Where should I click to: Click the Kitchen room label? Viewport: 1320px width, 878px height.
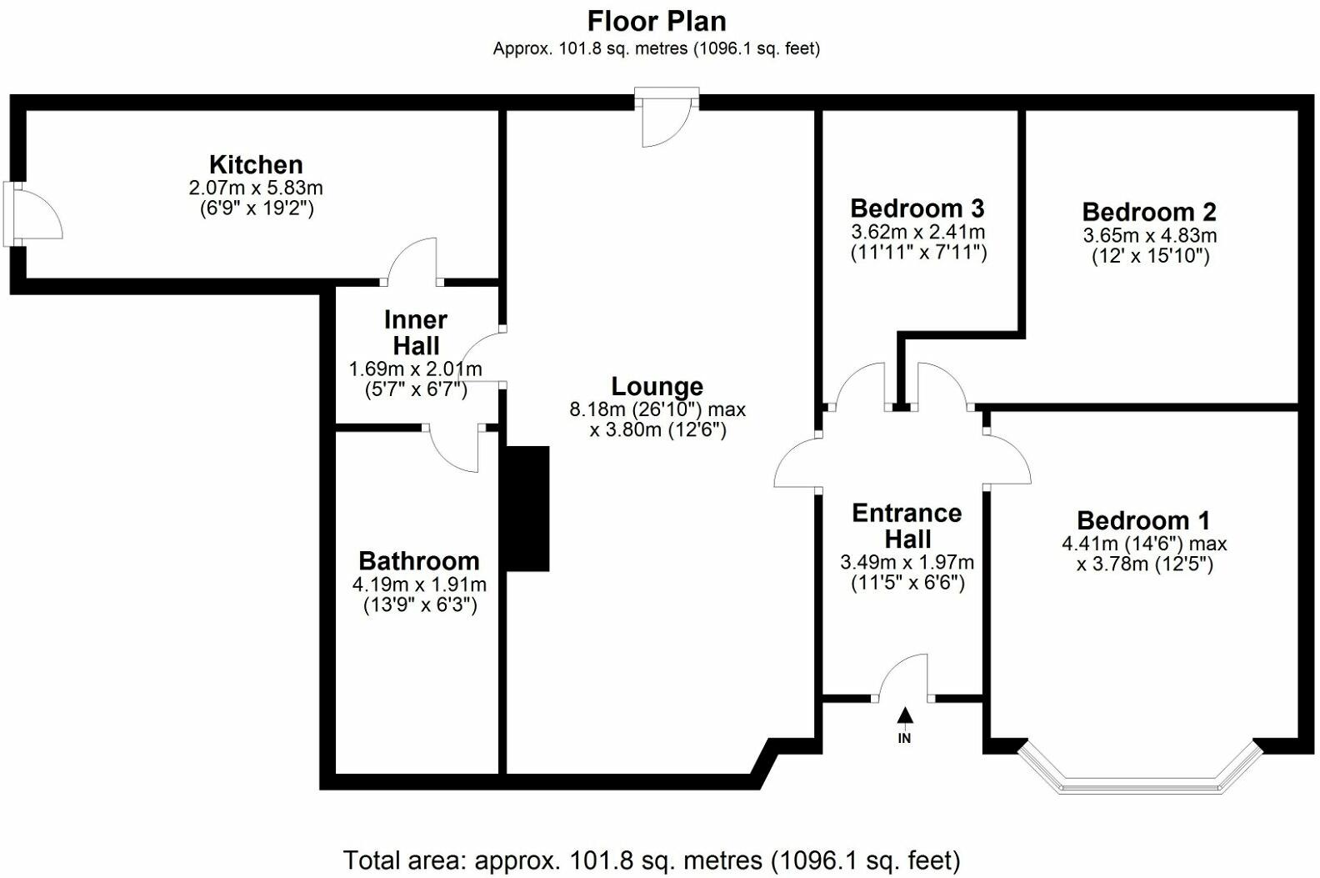pos(256,164)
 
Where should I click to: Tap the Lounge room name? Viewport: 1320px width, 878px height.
pos(657,386)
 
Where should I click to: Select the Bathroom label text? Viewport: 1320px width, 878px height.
pos(418,560)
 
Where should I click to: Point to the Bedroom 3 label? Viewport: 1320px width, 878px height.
pos(917,208)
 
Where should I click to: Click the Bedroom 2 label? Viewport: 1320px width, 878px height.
pos(1149,212)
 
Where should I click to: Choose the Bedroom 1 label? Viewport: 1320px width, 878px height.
pos(1142,520)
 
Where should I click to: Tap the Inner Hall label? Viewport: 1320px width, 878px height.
pos(415,332)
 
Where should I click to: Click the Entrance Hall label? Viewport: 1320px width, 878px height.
pos(907,525)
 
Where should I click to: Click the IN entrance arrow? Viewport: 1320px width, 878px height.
pos(905,717)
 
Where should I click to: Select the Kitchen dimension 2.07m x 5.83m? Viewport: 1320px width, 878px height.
pos(256,188)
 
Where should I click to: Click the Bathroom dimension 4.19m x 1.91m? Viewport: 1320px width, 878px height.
pos(419,584)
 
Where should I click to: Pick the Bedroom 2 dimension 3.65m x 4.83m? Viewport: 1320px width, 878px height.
pos(1149,236)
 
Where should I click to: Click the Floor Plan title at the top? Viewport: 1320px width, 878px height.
pos(657,20)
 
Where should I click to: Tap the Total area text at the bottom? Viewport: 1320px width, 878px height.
pos(652,860)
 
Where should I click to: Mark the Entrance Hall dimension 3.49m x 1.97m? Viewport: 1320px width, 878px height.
pos(907,563)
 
